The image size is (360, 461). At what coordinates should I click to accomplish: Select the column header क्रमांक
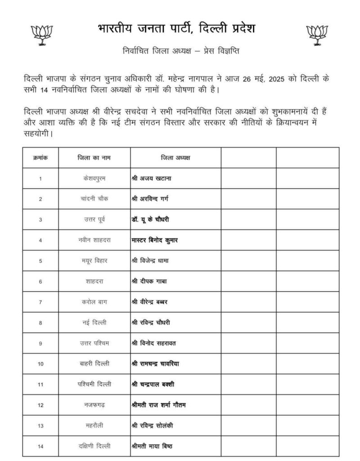(40, 158)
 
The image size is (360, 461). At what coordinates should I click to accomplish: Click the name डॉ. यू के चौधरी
(150, 219)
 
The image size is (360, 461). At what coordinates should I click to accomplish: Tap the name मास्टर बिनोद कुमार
(155, 240)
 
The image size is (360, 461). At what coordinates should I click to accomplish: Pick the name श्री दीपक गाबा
(149, 281)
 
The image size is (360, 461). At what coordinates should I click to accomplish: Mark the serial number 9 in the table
(40, 343)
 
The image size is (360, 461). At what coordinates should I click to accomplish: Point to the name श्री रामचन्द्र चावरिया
(156, 364)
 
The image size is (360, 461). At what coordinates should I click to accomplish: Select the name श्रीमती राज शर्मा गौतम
(158, 405)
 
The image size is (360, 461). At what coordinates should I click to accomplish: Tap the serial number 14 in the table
(40, 447)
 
